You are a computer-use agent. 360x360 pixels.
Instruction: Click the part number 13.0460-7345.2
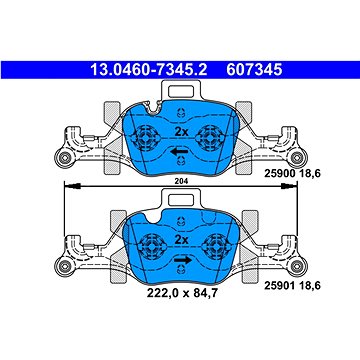(149, 70)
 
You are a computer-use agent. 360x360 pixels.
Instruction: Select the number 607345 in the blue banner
(254, 70)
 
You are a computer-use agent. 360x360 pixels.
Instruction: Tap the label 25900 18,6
(292, 173)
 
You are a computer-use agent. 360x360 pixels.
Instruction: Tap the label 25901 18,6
(292, 286)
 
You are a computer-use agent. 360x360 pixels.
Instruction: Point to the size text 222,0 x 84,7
(182, 293)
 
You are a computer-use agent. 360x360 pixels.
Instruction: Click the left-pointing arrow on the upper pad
(179, 152)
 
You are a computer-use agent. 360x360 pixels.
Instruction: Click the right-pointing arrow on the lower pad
(183, 260)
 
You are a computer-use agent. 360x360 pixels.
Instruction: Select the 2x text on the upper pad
(182, 132)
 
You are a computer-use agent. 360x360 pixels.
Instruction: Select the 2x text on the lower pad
(182, 240)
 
